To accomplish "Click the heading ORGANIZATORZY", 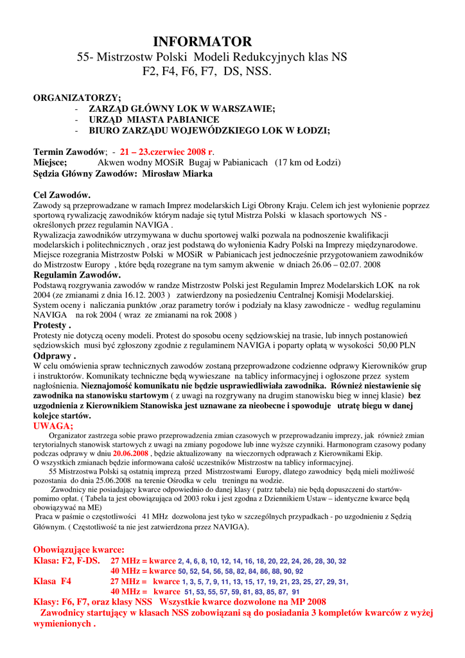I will point(77,98).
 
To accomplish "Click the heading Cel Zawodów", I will point(62,195).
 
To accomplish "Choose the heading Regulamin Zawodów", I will point(76,274).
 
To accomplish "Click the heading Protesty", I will point(51,325).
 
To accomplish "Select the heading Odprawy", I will point(54,355).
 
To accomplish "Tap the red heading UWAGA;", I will point(53,425).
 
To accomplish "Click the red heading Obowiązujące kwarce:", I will point(78,550).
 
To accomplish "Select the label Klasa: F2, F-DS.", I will point(67,560).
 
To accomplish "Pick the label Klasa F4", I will point(52,581).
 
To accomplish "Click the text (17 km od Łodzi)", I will point(308,163).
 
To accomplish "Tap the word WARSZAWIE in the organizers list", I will point(239,109).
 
